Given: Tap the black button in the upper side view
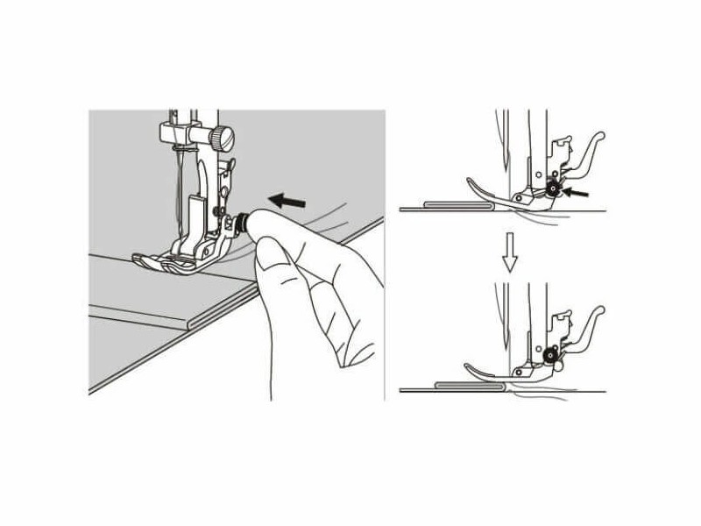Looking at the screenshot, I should click(553, 187).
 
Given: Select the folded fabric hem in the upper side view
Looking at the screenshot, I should click(455, 205).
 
